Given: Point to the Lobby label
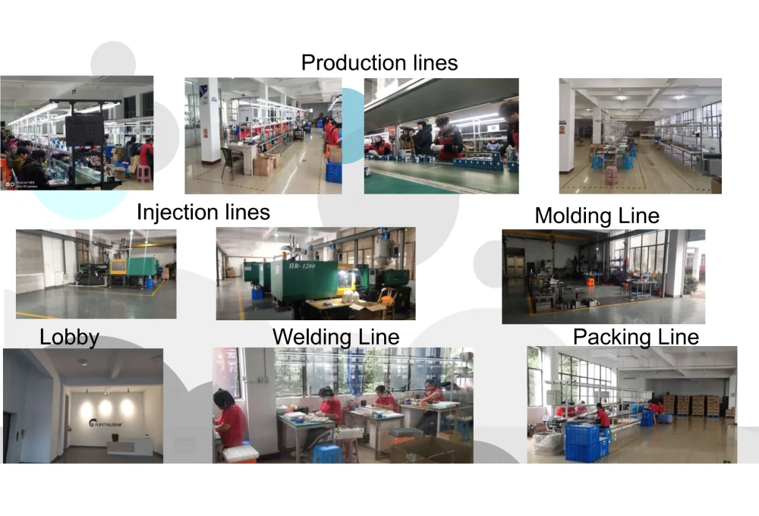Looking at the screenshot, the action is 69,337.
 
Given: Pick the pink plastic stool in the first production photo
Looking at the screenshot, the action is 143,174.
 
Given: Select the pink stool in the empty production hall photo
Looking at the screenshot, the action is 610,175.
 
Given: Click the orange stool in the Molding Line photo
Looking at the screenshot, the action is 589,282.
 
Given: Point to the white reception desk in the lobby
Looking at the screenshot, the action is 129,446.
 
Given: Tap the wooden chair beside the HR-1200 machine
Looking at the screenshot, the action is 389,298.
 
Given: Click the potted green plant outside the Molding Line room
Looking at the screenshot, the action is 690,284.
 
